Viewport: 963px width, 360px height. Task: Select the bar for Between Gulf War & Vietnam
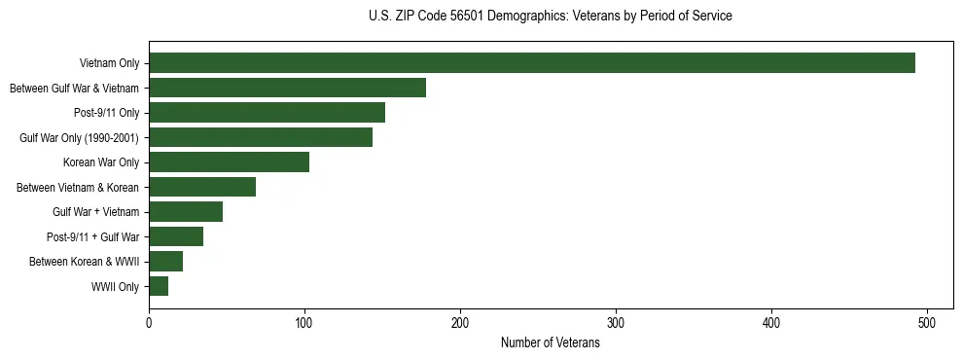point(287,89)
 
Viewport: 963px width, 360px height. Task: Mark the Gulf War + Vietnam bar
point(186,212)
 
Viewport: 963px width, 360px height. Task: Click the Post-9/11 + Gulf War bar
point(176,236)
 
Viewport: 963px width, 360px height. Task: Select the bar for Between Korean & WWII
point(165,262)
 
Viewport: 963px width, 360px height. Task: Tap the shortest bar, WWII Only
point(159,286)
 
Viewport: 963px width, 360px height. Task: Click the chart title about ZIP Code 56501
point(551,17)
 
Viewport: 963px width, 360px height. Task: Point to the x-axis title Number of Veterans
point(551,343)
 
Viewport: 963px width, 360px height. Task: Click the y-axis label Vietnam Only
point(109,64)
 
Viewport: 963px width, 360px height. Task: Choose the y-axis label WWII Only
point(115,287)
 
